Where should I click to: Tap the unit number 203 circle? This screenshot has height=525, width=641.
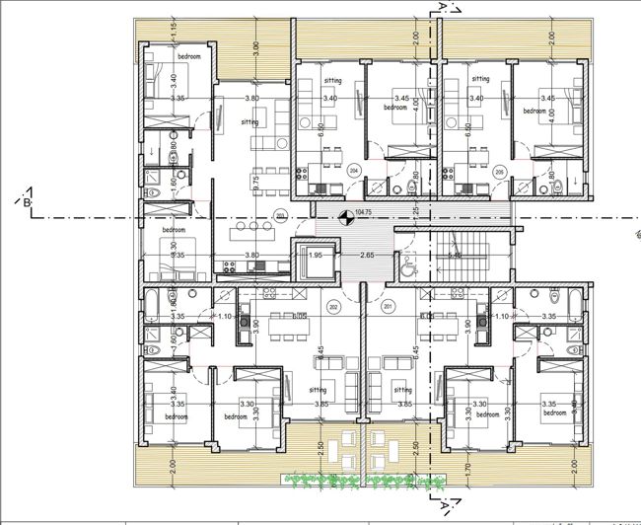click(x=280, y=215)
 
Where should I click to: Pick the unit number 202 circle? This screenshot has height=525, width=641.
click(x=334, y=307)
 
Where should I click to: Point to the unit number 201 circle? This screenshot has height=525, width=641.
click(x=388, y=307)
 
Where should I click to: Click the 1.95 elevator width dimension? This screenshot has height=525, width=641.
click(x=316, y=256)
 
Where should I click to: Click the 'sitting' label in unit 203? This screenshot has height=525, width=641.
click(x=250, y=122)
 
